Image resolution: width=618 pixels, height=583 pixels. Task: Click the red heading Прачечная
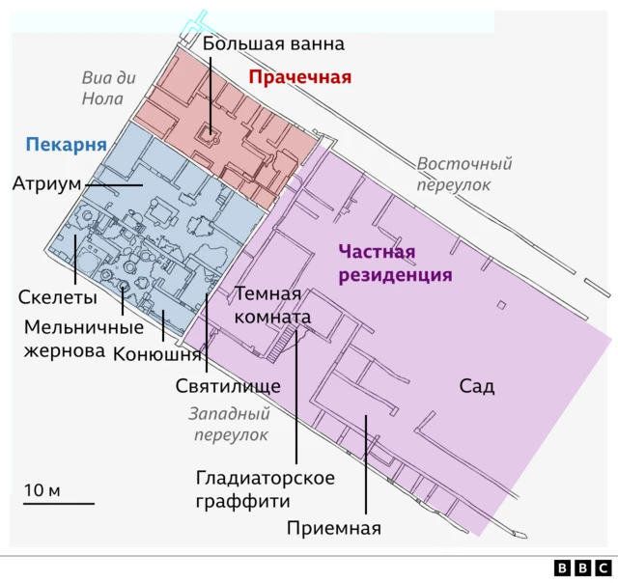pyautogui.click(x=299, y=77)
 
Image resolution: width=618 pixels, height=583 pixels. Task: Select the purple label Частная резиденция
pyautogui.click(x=396, y=264)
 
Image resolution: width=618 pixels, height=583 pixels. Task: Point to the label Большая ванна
pyautogui.click(x=273, y=43)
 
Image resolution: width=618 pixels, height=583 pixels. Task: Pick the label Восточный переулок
pyautogui.click(x=464, y=174)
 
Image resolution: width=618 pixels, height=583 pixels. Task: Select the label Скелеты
pyautogui.click(x=58, y=296)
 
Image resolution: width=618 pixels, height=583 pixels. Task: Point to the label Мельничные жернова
pyautogui.click(x=65, y=339)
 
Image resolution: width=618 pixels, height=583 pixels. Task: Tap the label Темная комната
pyautogui.click(x=273, y=305)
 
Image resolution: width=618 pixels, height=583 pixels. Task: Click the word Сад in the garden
pyautogui.click(x=476, y=387)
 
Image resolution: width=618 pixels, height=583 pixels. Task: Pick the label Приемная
pyautogui.click(x=334, y=528)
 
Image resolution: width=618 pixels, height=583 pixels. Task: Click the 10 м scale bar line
pyautogui.click(x=59, y=503)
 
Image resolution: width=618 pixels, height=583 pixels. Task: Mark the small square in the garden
pyautogui.click(x=500, y=306)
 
